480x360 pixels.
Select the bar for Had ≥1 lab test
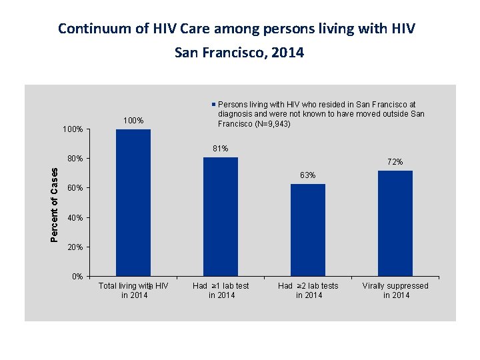point(221,216)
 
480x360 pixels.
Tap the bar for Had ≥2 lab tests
point(308,229)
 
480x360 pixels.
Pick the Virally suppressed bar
point(395,223)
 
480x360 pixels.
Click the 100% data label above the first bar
point(133,121)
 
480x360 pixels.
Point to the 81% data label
point(221,148)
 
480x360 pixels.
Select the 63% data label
point(308,175)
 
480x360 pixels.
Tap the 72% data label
point(395,162)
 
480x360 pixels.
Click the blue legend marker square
point(214,105)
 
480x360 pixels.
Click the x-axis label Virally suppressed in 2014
point(395,290)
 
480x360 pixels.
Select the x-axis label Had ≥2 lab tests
point(308,290)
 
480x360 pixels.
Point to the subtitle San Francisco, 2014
point(239,52)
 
